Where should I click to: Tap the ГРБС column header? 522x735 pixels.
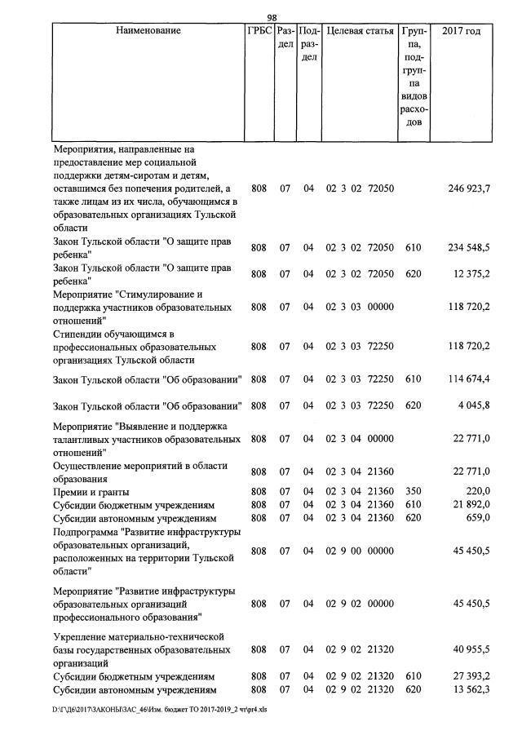[259, 31]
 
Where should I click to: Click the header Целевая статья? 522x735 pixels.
[360, 31]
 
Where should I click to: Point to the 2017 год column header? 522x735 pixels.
[461, 31]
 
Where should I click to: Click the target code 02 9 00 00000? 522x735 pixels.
[360, 551]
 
